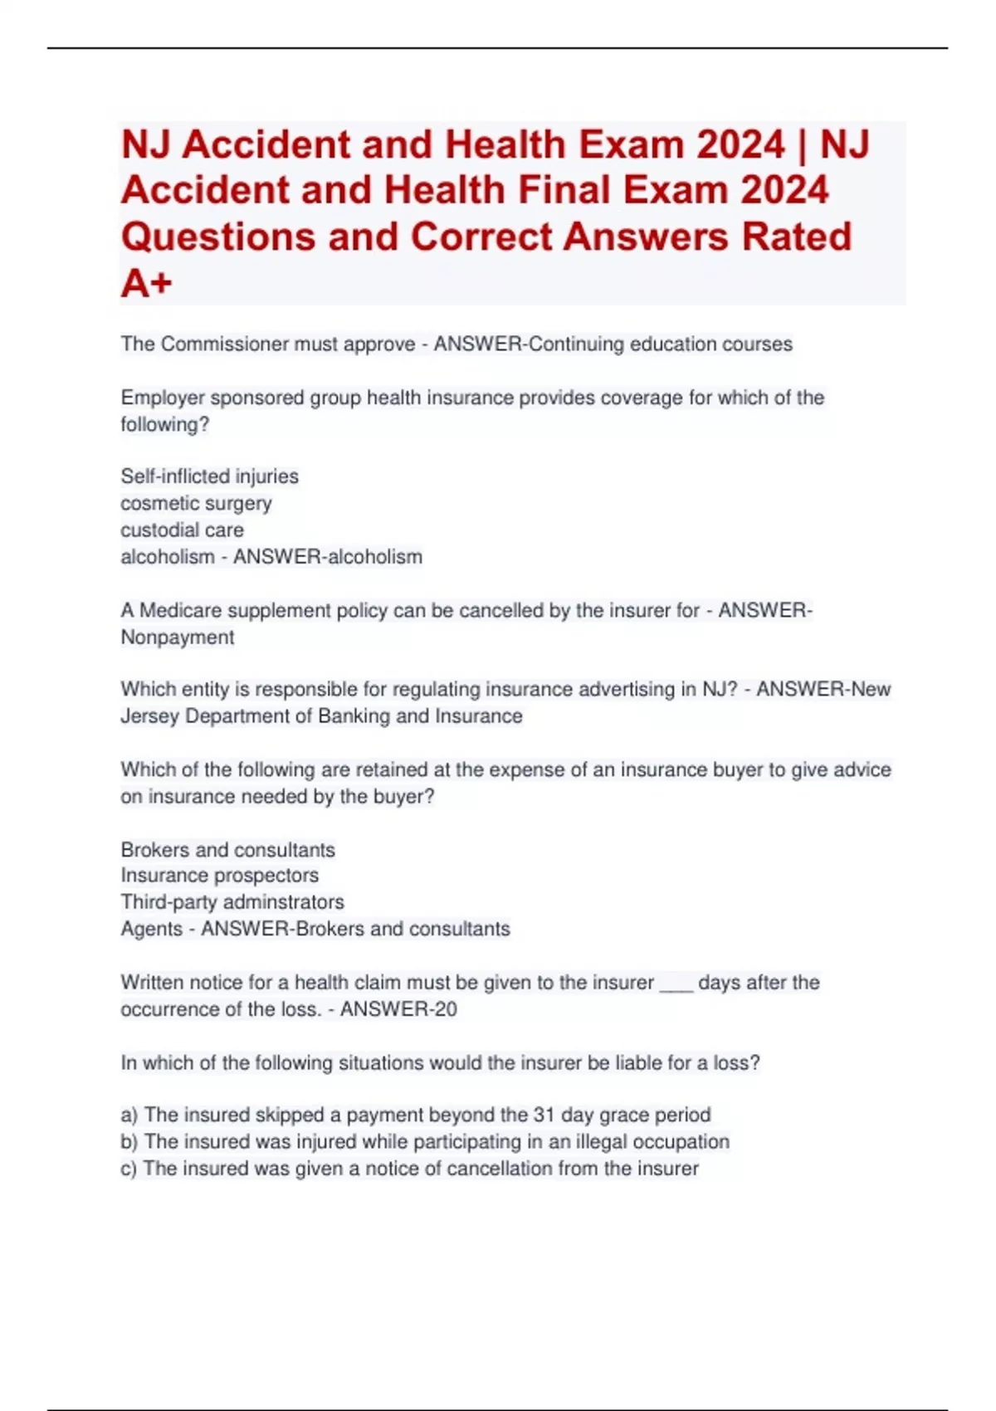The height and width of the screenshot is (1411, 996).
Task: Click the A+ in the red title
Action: [x=146, y=283]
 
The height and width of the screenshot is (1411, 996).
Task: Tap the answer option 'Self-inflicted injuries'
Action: [x=209, y=476]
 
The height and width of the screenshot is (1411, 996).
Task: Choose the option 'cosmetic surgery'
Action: [x=196, y=503]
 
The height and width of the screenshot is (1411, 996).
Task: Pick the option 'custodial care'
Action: [x=182, y=530]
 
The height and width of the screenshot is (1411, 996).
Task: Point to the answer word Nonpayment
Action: [x=177, y=637]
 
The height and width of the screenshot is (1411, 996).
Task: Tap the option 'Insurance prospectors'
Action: [x=219, y=875]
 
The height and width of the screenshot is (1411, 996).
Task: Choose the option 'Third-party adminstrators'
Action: [x=232, y=901]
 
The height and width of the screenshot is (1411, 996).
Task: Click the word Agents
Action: [x=151, y=929]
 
